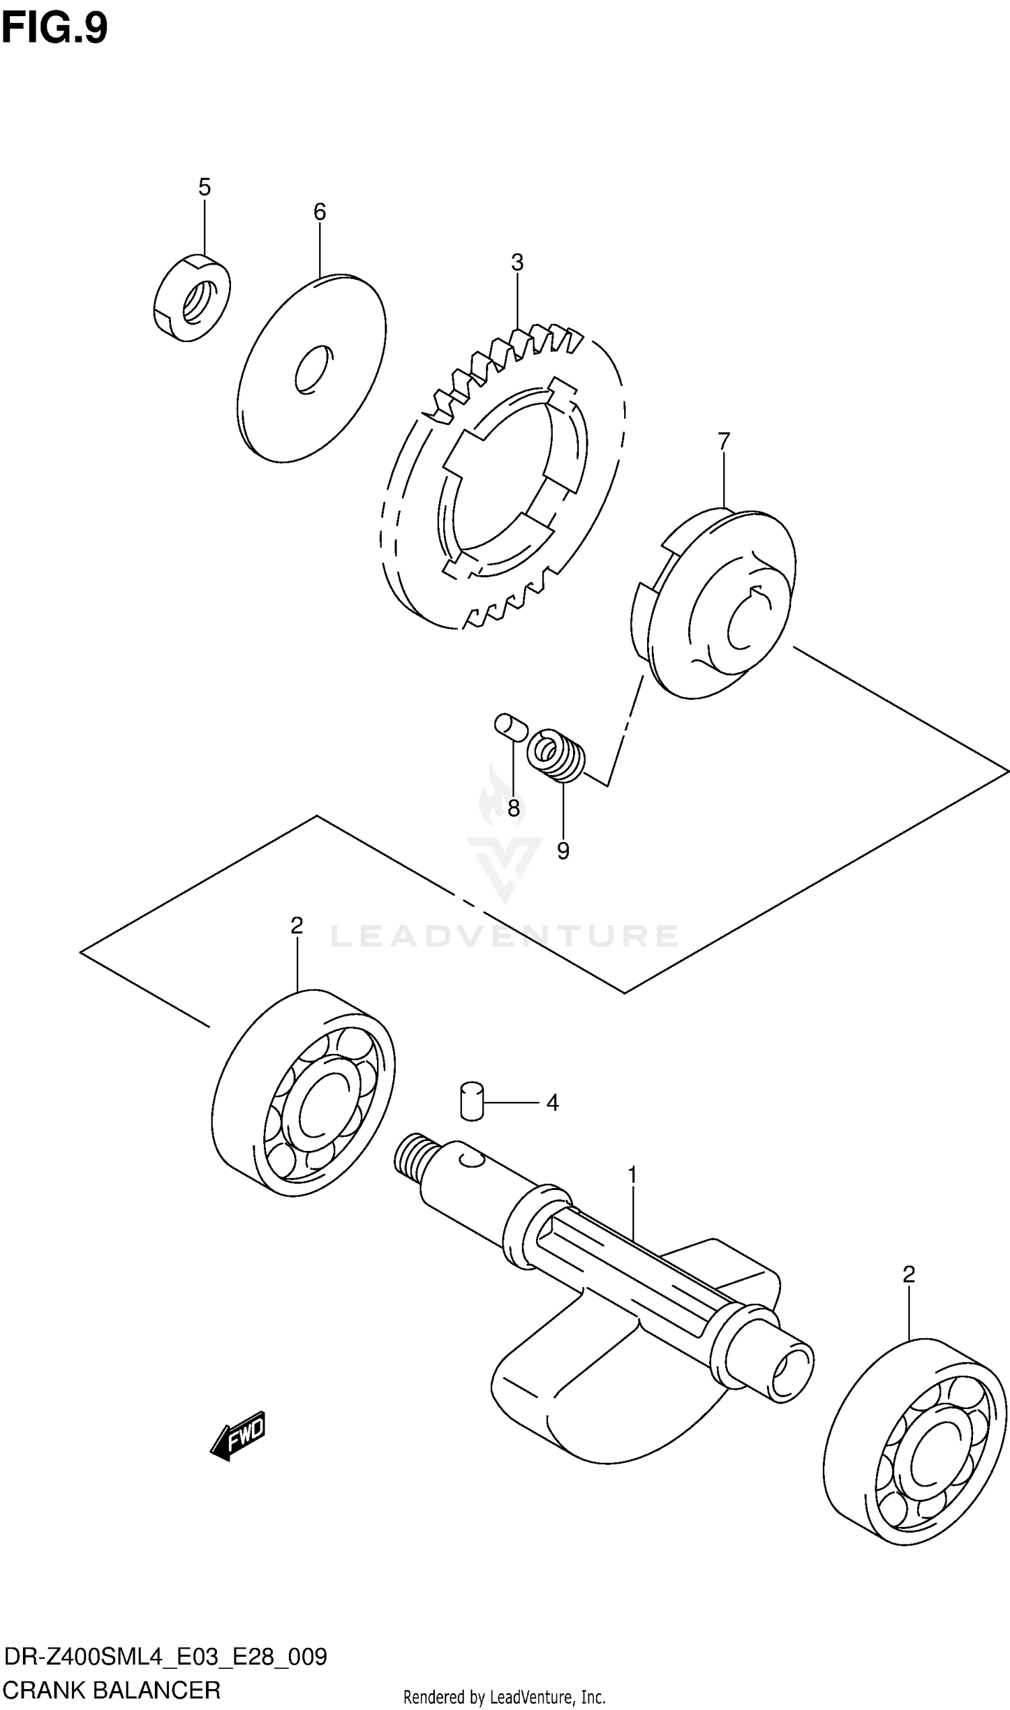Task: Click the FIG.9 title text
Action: point(55,28)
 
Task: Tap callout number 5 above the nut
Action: point(204,187)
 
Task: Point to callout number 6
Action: point(320,212)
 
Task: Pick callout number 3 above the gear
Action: point(517,262)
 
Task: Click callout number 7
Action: point(723,442)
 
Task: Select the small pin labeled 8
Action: point(510,725)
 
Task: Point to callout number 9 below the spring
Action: point(563,851)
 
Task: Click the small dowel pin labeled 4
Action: point(471,1100)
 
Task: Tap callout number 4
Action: point(552,1103)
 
